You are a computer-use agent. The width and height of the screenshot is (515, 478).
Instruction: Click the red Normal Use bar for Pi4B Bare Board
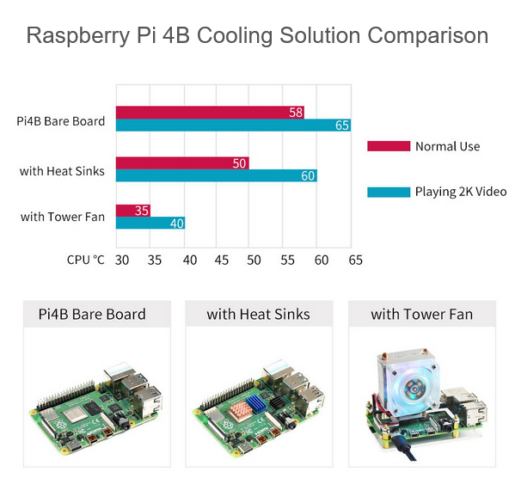point(210,113)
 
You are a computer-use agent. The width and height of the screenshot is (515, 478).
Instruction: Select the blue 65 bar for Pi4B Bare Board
point(233,126)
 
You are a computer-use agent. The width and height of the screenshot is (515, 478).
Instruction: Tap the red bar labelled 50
point(182,163)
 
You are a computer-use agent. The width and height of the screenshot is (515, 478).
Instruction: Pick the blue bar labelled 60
point(217,175)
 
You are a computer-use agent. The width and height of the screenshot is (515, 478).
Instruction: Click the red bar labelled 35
point(133,211)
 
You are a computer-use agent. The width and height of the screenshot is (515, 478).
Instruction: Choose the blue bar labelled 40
point(150,223)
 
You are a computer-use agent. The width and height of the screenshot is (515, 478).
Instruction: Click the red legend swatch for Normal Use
point(389,146)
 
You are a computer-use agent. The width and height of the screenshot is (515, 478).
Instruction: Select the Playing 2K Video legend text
point(461,192)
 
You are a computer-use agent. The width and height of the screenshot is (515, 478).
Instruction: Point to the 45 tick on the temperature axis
point(221,260)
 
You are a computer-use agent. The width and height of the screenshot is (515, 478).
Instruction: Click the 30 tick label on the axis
point(122,260)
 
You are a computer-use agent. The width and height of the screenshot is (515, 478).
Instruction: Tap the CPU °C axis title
point(85,260)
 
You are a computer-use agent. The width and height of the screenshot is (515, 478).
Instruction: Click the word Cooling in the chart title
point(235,35)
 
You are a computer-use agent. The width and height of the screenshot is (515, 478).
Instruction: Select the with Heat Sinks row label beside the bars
point(62,171)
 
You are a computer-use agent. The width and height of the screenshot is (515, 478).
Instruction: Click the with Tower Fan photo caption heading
point(422,315)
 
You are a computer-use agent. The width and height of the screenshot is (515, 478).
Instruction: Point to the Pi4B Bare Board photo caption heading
point(92,314)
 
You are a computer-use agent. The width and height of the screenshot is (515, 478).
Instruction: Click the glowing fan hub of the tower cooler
point(414,389)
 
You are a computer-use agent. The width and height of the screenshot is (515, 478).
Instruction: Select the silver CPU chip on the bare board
point(75,414)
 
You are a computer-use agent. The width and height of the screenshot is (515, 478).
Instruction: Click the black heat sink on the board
point(277,402)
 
